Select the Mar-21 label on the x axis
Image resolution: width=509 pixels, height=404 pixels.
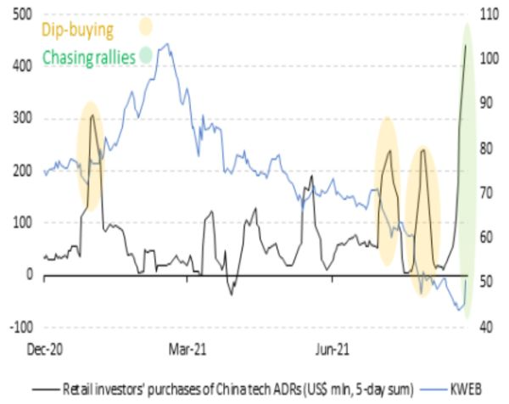(189, 349)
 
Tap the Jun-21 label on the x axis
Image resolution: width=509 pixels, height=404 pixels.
(333, 349)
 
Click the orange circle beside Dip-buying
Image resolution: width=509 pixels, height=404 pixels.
(146, 28)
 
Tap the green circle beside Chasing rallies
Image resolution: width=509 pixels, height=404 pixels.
(146, 56)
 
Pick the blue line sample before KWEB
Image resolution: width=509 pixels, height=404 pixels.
(434, 389)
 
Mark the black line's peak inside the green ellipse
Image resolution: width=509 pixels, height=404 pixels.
(466, 45)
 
